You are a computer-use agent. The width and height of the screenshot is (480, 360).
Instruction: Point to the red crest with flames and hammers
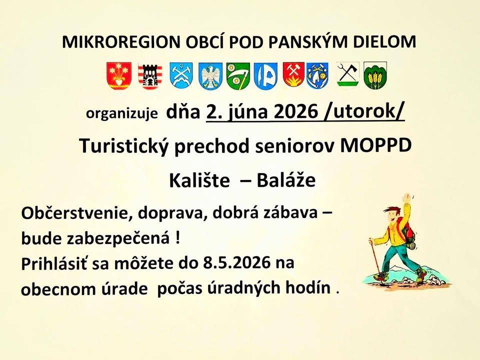[x=293, y=75]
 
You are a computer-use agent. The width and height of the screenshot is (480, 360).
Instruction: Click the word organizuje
[x=122, y=113]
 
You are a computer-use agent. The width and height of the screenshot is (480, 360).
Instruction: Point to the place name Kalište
[x=198, y=181]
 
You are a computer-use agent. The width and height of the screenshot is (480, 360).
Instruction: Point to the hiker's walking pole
[x=375, y=260]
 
